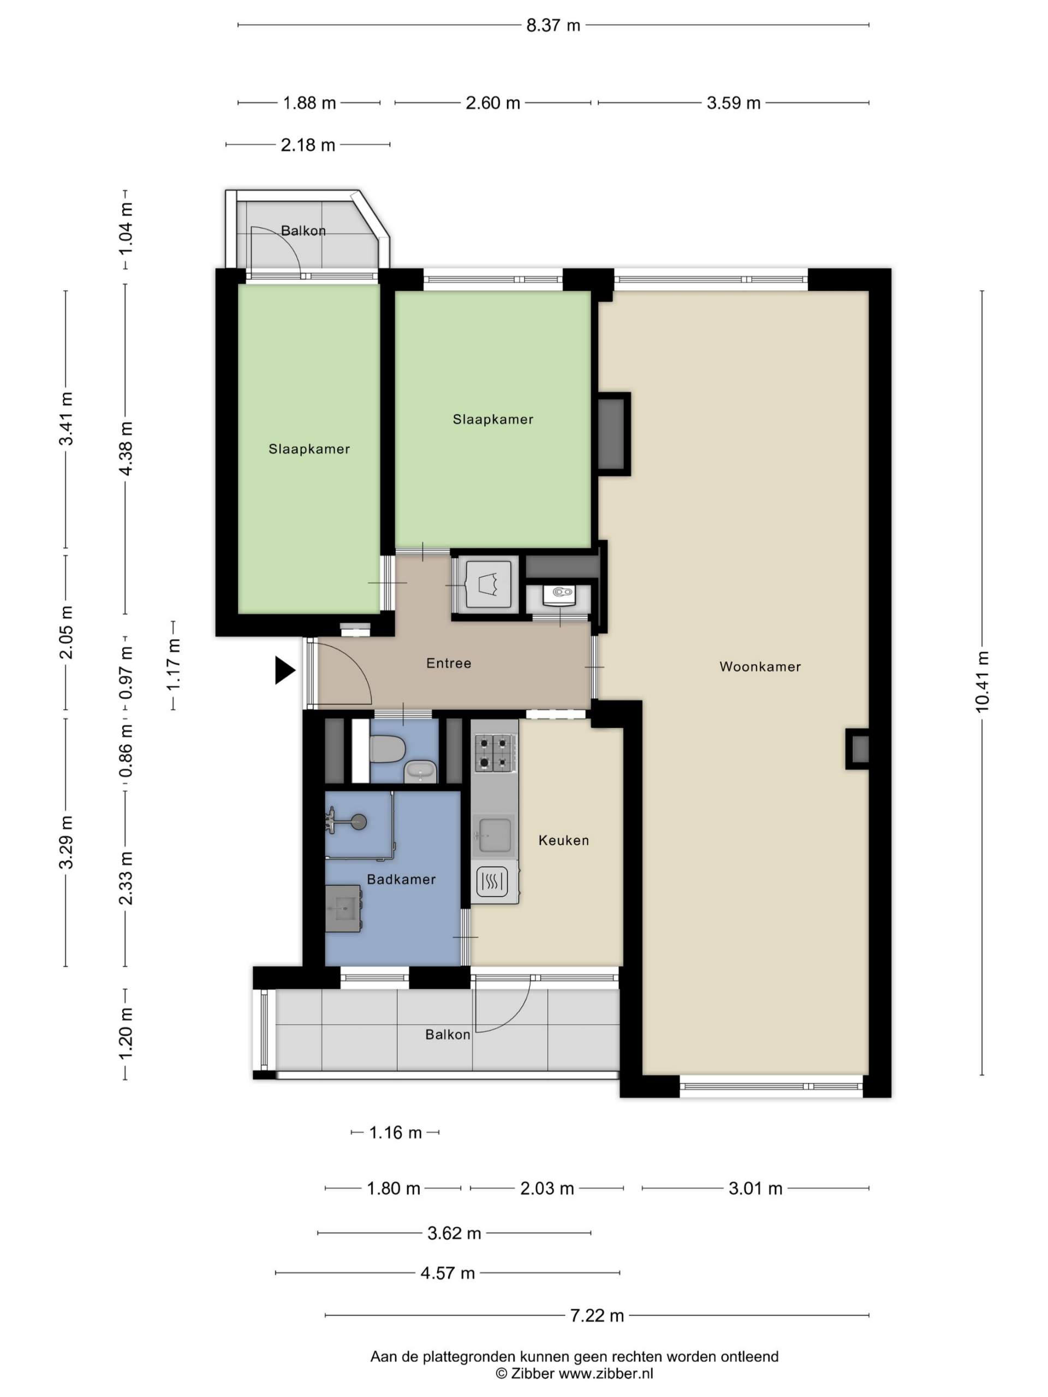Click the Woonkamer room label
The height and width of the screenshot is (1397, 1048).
click(x=759, y=666)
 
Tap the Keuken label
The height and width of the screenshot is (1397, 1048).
click(x=563, y=840)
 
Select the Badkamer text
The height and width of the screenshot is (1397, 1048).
click(x=401, y=879)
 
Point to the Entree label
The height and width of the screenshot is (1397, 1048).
click(x=449, y=663)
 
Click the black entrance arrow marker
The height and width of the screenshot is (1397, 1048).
click(x=284, y=670)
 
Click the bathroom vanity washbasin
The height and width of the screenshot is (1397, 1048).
click(x=343, y=908)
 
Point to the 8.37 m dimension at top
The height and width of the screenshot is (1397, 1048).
click(x=553, y=25)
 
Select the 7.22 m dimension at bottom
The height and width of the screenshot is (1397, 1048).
click(x=597, y=1316)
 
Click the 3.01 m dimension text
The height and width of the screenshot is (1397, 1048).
click(x=755, y=1189)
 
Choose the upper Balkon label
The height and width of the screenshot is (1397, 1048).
click(x=303, y=230)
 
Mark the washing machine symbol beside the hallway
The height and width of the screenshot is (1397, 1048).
click(x=487, y=583)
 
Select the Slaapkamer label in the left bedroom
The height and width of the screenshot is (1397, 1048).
click(x=309, y=449)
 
